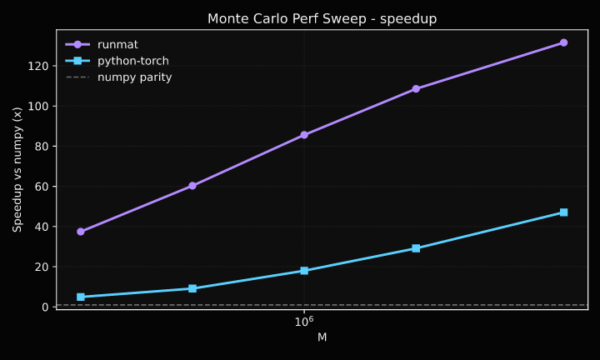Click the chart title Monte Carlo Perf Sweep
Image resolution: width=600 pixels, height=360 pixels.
click(x=322, y=18)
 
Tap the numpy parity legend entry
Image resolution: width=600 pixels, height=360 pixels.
click(x=134, y=77)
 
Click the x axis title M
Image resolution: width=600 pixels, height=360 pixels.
click(x=322, y=337)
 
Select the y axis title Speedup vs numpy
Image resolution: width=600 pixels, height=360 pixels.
click(x=17, y=169)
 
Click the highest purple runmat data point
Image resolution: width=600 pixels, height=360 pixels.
click(x=563, y=42)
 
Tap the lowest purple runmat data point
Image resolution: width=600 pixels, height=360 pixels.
click(x=81, y=232)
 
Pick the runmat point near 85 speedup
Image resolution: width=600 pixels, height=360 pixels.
click(x=304, y=135)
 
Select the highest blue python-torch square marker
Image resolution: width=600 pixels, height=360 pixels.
click(x=563, y=212)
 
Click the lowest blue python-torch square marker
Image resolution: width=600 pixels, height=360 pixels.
click(x=81, y=297)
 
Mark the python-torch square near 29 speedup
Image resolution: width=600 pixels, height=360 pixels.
click(x=416, y=248)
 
